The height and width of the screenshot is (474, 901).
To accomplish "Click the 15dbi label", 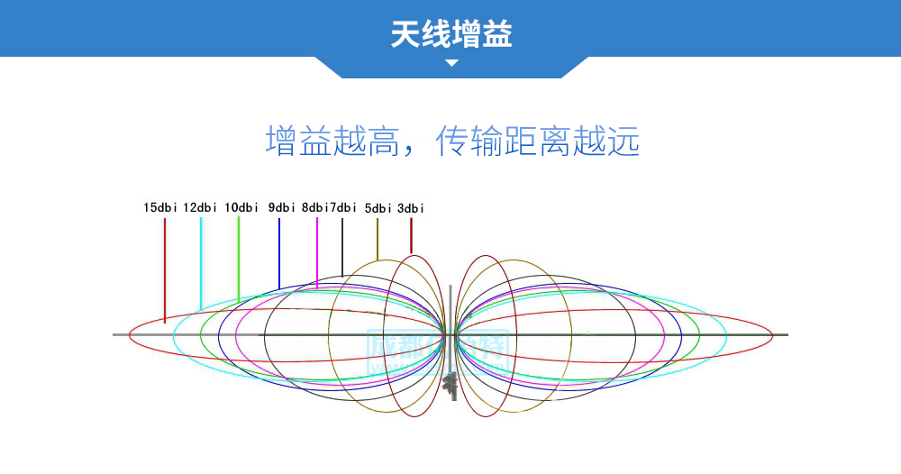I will pyautogui.click(x=159, y=207).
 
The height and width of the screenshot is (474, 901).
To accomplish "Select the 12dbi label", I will pyautogui.click(x=200, y=207).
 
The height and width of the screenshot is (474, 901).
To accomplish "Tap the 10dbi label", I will pyautogui.click(x=241, y=207).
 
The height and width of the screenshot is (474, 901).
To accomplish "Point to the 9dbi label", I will pyautogui.click(x=281, y=207).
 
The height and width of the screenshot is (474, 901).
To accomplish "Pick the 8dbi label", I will pyautogui.click(x=314, y=207).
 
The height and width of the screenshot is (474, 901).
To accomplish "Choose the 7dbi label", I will pyautogui.click(x=343, y=207).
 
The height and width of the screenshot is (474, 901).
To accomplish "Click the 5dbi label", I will pyautogui.click(x=378, y=208).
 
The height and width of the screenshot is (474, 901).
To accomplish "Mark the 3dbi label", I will pyautogui.click(x=410, y=208).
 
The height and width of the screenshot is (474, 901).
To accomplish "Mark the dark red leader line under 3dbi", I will pyautogui.click(x=411, y=235).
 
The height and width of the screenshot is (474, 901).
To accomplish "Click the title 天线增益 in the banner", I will pyautogui.click(x=451, y=34).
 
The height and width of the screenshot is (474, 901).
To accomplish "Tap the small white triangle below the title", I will pyautogui.click(x=452, y=63).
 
